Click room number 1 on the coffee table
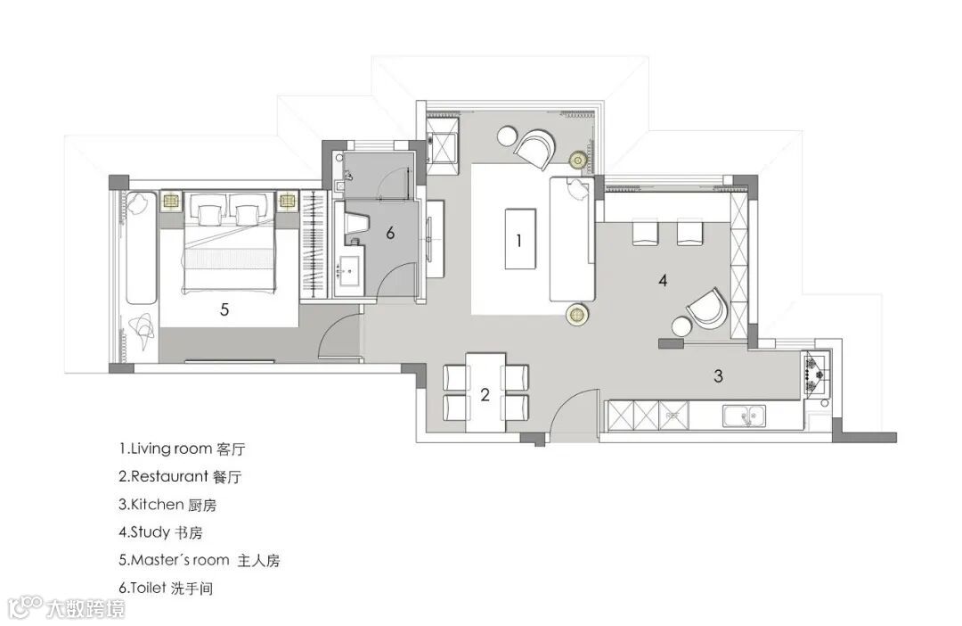[x=519, y=240]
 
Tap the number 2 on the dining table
[x=485, y=394]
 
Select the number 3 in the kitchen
[x=719, y=375]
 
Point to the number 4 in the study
[x=663, y=281]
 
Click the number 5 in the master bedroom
[x=224, y=309]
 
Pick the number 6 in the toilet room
[x=390, y=234]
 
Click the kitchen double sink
[x=744, y=416]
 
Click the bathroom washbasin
[x=350, y=269]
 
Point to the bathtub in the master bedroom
[x=141, y=248]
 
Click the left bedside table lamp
[x=171, y=201]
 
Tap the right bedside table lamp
[x=287, y=201]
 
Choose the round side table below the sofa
[x=576, y=314]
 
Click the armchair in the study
[x=706, y=309]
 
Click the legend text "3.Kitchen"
[x=151, y=505]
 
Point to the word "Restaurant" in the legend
[x=170, y=476]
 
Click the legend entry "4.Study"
[x=144, y=532]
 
